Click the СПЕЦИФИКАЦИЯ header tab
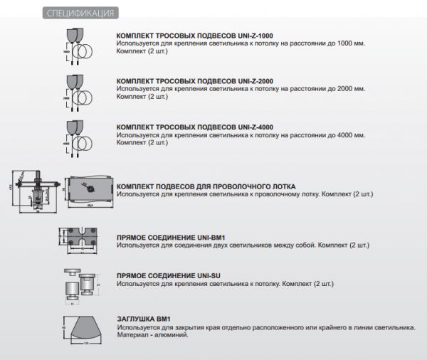[78, 14]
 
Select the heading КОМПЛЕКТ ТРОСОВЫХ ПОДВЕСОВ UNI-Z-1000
[194, 36]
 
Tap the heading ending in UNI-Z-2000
[194, 82]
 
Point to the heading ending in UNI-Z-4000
[194, 127]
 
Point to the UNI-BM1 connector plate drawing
[83, 238]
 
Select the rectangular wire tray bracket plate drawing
[89, 191]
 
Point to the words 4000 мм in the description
[351, 134]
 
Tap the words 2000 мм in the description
[351, 89]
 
